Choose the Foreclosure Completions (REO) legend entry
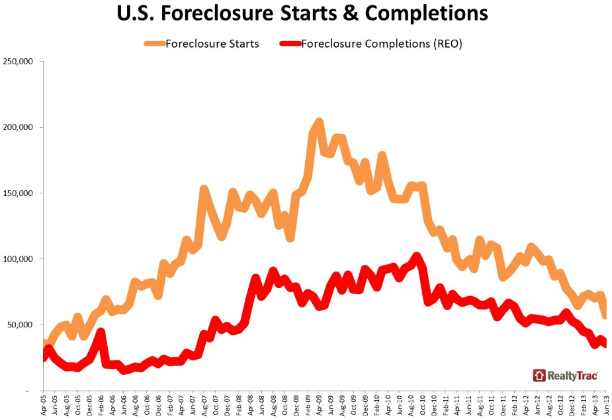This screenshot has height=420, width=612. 381,44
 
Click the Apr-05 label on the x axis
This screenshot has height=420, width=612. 44,405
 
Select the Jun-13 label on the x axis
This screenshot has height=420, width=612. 606,405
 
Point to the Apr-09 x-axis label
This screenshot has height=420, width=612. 319,405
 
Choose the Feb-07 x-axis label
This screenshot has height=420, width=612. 170,405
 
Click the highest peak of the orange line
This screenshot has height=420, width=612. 319,123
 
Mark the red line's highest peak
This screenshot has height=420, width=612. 416,256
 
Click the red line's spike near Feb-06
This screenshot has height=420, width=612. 101,331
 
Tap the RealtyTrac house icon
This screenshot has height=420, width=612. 539,376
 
